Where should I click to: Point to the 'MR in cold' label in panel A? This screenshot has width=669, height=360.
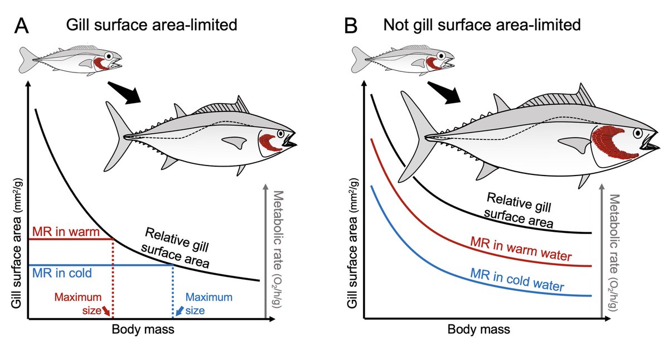tap(62, 273)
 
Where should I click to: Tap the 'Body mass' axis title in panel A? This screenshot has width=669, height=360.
tap(143, 329)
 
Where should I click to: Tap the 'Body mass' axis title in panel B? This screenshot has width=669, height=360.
tap(478, 329)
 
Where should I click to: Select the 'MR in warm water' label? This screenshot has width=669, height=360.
tap(522, 250)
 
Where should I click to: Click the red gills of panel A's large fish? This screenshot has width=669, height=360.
tap(269, 143)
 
